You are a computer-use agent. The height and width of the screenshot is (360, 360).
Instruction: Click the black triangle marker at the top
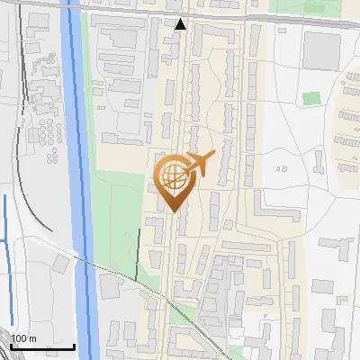pos(181,24)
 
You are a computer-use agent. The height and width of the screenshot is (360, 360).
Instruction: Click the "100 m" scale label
pos(24,338)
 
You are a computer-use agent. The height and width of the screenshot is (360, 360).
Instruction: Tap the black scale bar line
pos(41,346)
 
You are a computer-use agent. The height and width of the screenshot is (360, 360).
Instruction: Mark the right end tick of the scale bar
pos(74,345)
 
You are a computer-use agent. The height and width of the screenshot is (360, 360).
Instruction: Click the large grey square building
pos(321,50)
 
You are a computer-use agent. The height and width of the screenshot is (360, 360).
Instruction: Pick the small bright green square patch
pos(311,98)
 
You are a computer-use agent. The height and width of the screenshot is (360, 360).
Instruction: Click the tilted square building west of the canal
pos(61,263)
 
